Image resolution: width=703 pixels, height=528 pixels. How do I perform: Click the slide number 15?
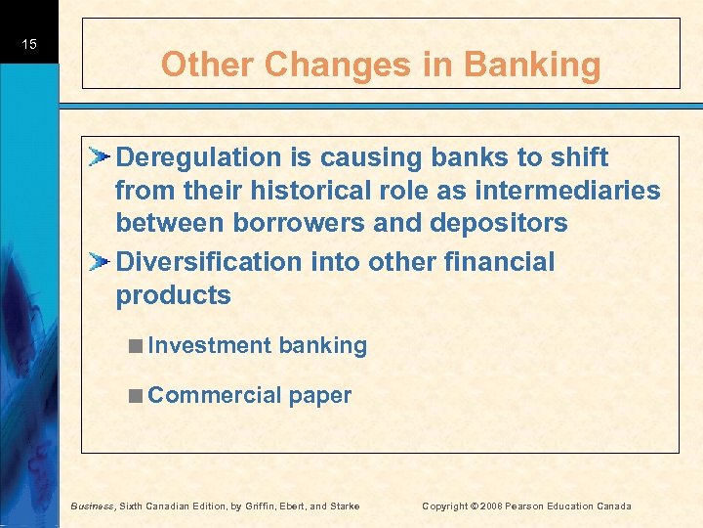(x=30, y=45)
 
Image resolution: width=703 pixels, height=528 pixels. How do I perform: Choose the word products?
(x=174, y=296)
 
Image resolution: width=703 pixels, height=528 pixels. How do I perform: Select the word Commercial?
(x=215, y=395)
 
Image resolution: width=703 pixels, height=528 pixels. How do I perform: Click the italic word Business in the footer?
(x=94, y=506)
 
